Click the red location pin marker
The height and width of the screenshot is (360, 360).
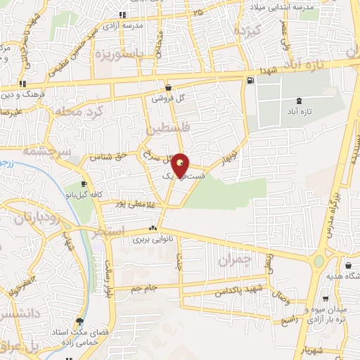181,165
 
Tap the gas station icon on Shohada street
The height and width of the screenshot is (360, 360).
250,81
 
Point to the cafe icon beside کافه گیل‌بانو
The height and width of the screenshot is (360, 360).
84,184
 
